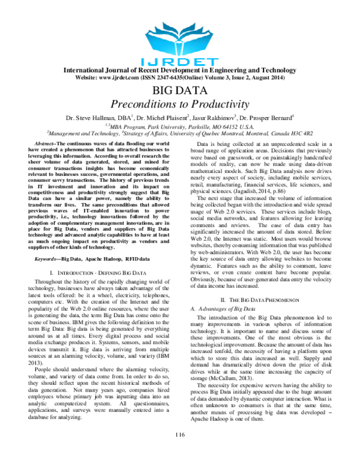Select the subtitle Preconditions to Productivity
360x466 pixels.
180,103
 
